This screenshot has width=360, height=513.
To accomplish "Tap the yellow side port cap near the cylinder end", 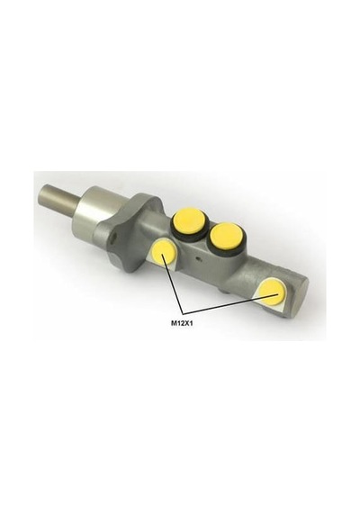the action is click(x=273, y=291).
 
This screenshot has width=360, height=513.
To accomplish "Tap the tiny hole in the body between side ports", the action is click(x=198, y=260).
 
